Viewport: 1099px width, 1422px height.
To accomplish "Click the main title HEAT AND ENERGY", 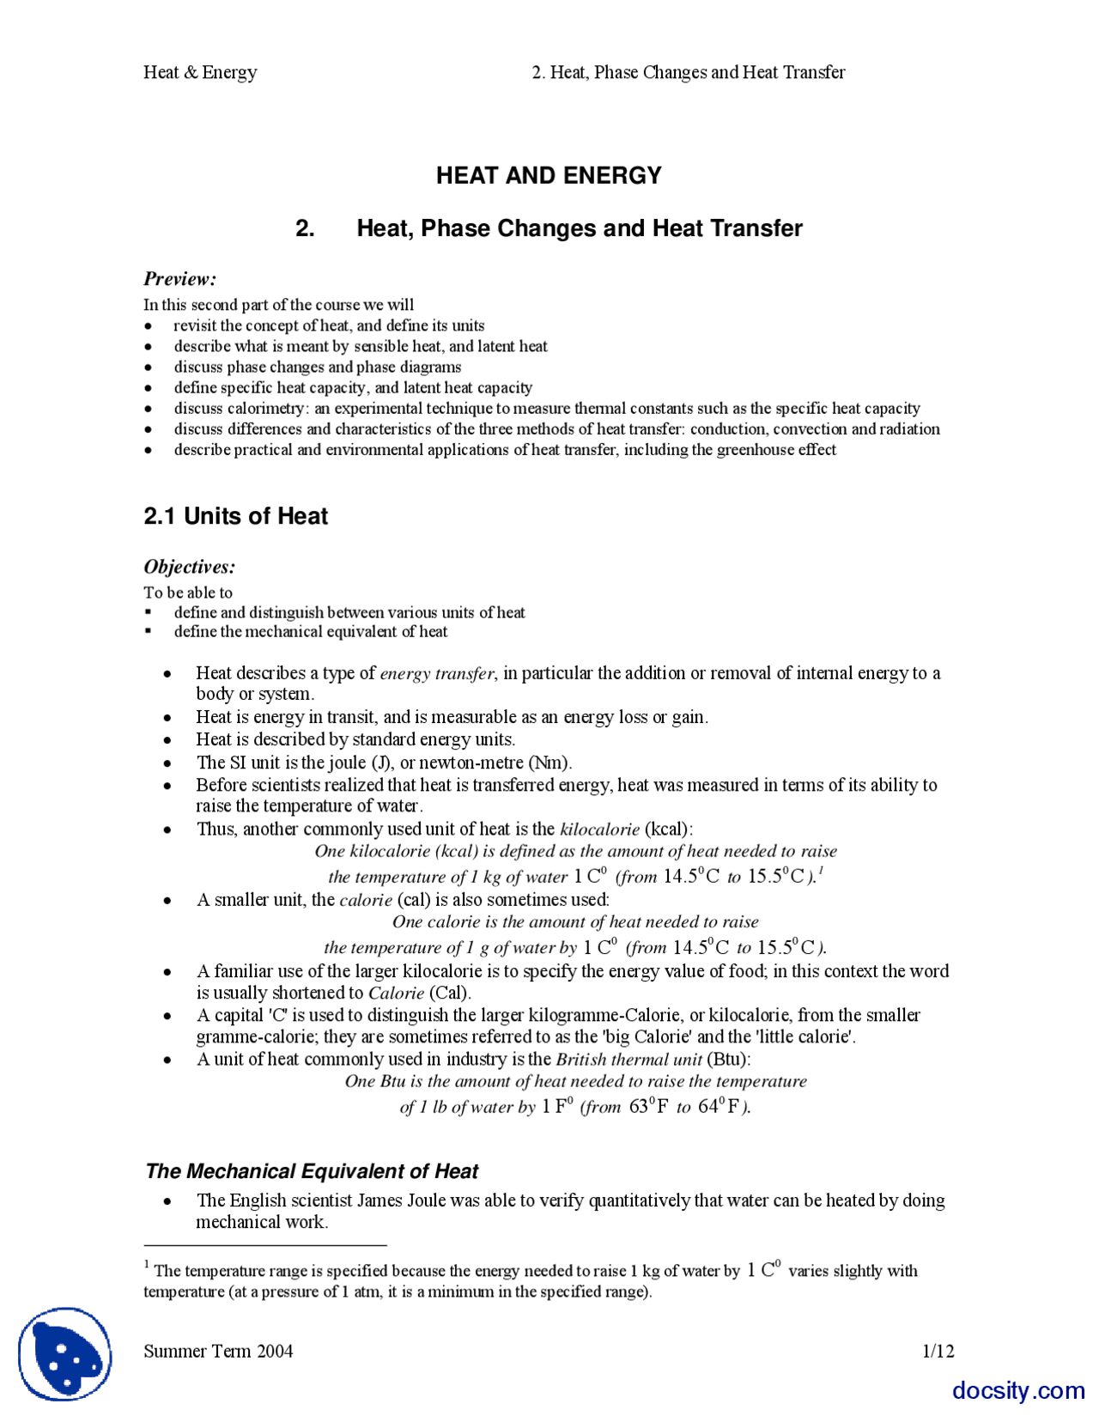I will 549,175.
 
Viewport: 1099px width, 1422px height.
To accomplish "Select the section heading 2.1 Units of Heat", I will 235,516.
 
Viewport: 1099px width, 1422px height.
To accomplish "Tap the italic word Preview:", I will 179,279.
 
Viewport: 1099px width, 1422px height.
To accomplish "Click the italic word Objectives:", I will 189,567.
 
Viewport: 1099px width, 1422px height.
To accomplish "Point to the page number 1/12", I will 938,1351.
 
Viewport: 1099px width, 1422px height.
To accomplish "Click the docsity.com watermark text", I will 1018,1390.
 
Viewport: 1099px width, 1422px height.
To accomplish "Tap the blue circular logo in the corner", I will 65,1354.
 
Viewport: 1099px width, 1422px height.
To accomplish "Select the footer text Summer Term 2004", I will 218,1351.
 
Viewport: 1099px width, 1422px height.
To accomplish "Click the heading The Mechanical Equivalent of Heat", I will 312,1171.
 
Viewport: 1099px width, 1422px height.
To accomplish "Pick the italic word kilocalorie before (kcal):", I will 599,829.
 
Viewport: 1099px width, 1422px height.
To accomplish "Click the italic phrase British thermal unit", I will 628,1060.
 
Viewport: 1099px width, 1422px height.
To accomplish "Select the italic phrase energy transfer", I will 437,673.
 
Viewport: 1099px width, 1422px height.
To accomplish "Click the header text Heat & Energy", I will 200,72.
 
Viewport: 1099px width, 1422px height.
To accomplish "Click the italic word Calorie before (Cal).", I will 396,994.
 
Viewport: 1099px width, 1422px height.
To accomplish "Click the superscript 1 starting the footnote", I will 147,1265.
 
